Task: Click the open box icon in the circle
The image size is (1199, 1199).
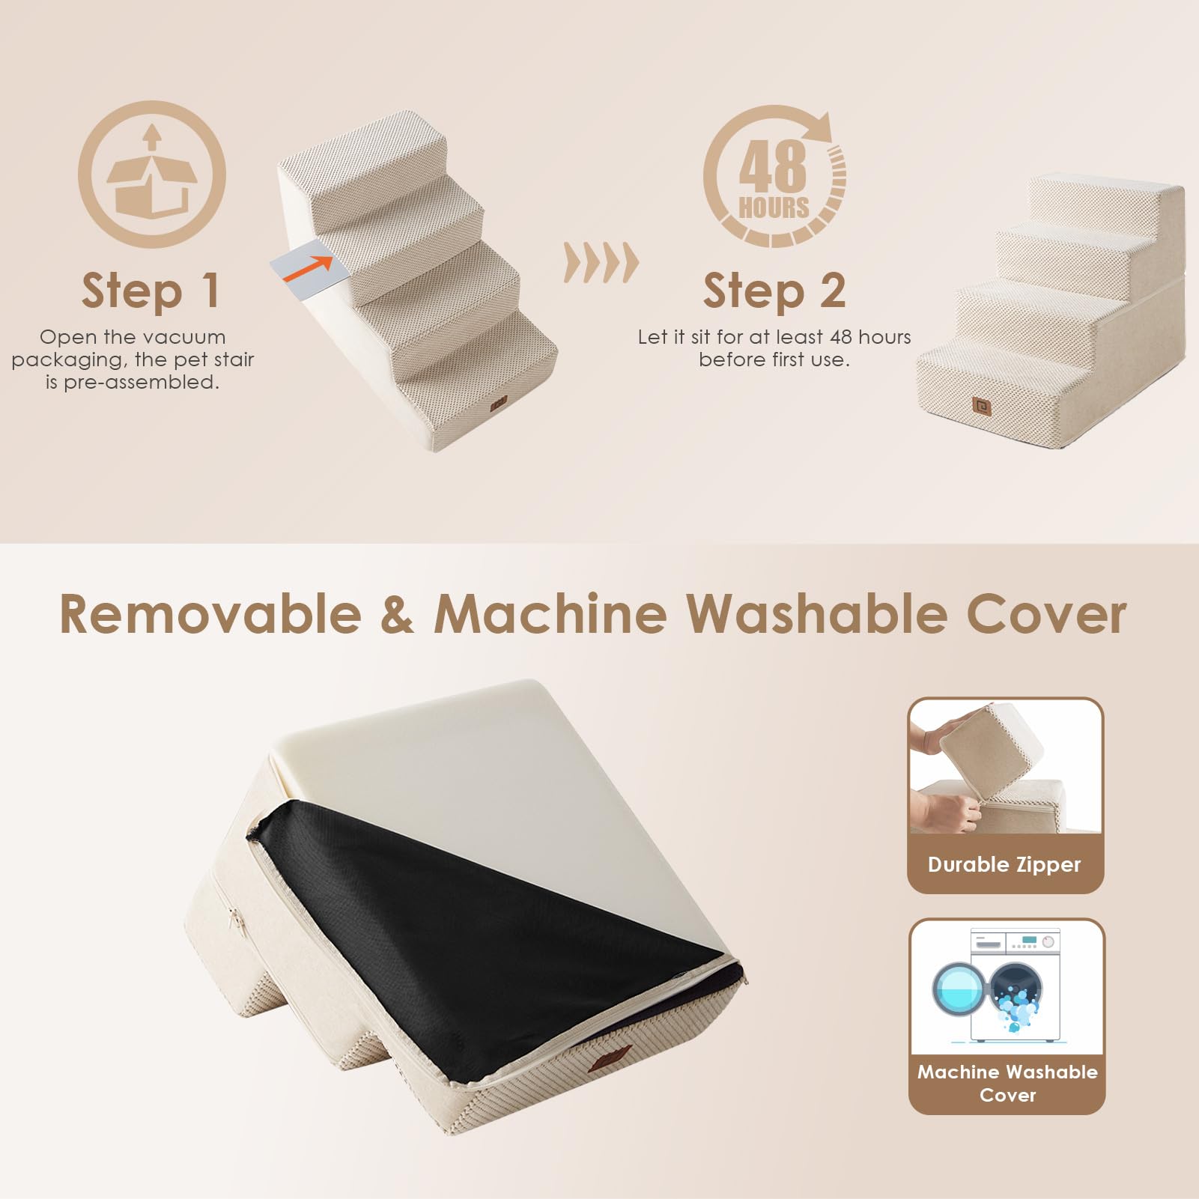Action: tap(152, 176)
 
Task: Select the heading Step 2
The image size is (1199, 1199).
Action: tap(774, 291)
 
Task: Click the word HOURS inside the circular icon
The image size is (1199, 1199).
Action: tap(774, 207)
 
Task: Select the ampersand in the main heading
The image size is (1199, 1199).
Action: tap(397, 614)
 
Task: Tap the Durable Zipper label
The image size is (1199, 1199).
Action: tap(1004, 864)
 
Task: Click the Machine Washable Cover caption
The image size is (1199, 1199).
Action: tap(1007, 1083)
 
